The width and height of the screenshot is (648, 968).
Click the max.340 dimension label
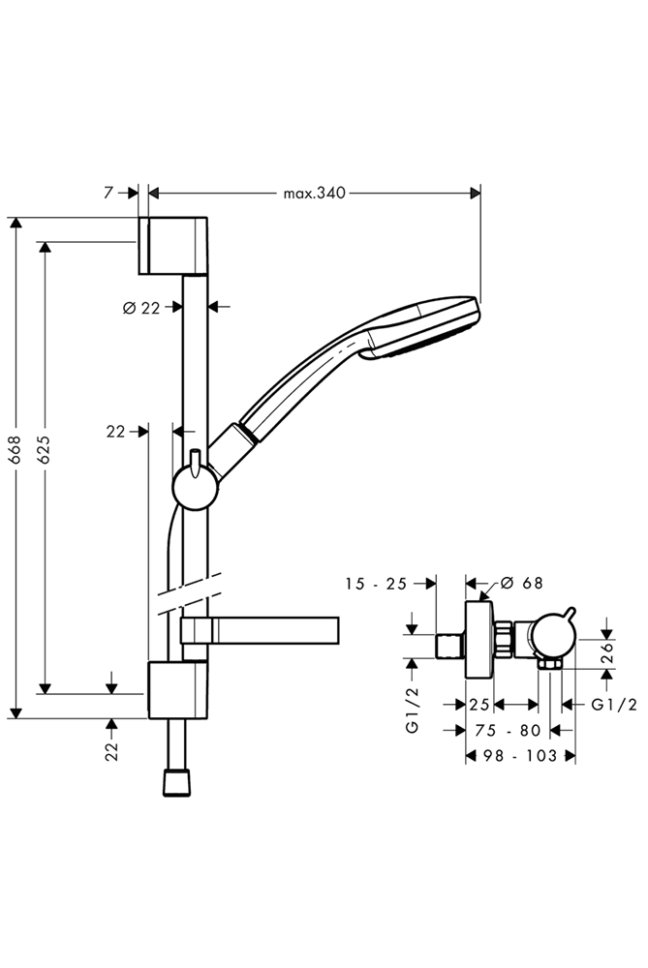pos(314,193)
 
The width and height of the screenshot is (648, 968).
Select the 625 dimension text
pos(44,454)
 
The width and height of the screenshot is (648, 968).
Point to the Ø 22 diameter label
pos(141,308)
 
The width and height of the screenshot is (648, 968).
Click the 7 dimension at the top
pos(108,193)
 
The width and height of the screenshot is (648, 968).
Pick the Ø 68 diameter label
pos(522,583)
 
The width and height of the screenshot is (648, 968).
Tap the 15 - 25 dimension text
pos(377,583)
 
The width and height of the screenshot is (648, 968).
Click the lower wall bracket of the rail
pos(177,690)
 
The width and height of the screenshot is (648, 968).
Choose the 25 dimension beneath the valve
pos(479,705)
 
